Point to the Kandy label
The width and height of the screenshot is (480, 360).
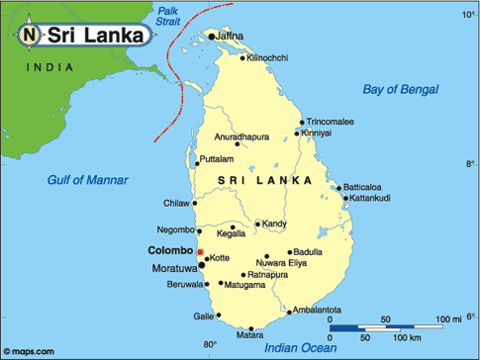275,225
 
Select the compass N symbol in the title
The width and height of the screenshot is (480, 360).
29,36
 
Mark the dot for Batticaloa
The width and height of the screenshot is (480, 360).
338,188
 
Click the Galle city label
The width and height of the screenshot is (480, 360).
203,316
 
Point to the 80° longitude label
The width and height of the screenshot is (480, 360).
210,345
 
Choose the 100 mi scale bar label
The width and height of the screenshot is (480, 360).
447,318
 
